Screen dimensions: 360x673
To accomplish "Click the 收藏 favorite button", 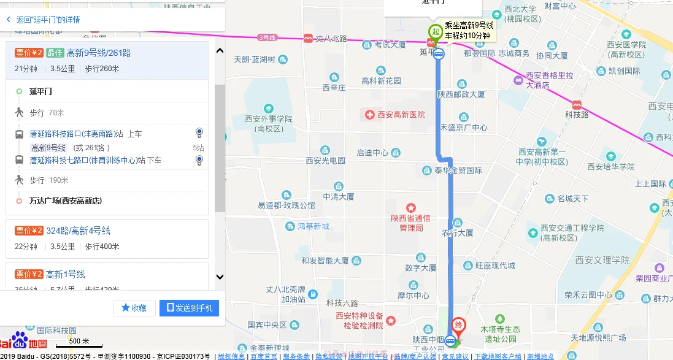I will click(134, 308).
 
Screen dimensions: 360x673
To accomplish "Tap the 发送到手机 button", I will click(189, 308).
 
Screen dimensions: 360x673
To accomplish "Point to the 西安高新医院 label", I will click(401, 115).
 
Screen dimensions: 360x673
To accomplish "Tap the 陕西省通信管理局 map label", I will click(410, 223).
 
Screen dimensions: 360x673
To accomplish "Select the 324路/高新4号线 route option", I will click(78, 231).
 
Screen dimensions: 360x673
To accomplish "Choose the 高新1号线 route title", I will click(66, 274).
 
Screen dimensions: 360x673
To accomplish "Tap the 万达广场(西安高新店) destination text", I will click(65, 201).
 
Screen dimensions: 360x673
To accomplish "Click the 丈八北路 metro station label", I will click(331, 38).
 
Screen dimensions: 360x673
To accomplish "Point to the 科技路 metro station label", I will click(577, 114).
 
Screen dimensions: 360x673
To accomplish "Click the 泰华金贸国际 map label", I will click(458, 170).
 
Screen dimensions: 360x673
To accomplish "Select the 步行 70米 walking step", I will click(47, 113).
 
